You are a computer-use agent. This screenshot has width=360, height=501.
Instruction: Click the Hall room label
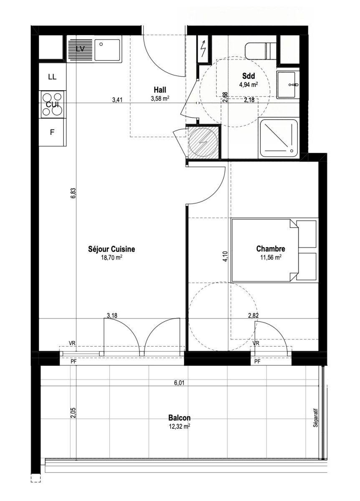pyautogui.click(x=160, y=90)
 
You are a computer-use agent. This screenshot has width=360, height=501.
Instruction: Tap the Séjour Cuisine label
pyautogui.click(x=111, y=249)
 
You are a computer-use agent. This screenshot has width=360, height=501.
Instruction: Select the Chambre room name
pyautogui.click(x=270, y=249)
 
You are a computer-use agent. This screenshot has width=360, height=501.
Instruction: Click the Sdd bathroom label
pyautogui.click(x=248, y=76)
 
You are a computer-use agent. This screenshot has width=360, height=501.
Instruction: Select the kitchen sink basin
pyautogui.click(x=107, y=50)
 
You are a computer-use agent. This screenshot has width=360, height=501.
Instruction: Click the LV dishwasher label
pyautogui.click(x=80, y=49)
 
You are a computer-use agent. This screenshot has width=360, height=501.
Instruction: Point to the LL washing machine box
pyautogui.click(x=53, y=77)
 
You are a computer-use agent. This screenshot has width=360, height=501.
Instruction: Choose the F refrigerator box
pyautogui.click(x=52, y=132)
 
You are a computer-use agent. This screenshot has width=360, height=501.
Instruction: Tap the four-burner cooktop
pyautogui.click(x=52, y=104)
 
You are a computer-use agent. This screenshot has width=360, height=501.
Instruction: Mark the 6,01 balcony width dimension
pyautogui.click(x=179, y=383)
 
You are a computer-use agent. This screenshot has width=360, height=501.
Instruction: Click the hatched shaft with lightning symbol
pyautogui.click(x=203, y=142)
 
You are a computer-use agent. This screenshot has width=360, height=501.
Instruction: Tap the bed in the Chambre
pyautogui.click(x=274, y=250)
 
